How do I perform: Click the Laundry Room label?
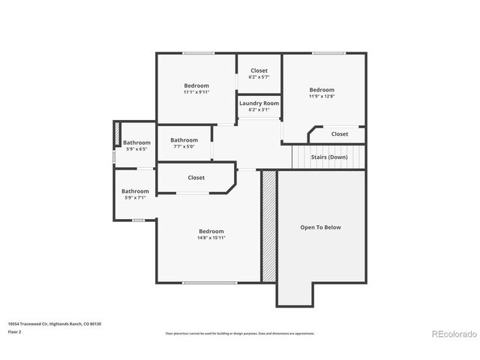pos(259,103)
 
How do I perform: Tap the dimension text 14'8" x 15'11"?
pos(211,238)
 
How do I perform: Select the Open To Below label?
pos(320,227)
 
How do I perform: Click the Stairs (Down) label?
pos(328,157)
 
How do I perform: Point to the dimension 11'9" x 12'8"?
pos(322,96)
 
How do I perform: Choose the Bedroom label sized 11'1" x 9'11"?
pos(196,85)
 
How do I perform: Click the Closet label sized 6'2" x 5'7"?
pos(259,70)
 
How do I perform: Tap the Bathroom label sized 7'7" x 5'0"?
pos(184,139)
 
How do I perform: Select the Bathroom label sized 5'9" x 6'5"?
pos(136,142)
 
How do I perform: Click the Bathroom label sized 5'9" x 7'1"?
pos(136,191)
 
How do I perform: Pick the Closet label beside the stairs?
pos(340,134)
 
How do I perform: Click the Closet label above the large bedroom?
pos(196,178)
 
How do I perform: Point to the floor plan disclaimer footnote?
pos(240,333)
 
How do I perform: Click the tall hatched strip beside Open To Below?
pos(268,226)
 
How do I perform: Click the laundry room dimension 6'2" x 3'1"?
pos(259,109)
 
